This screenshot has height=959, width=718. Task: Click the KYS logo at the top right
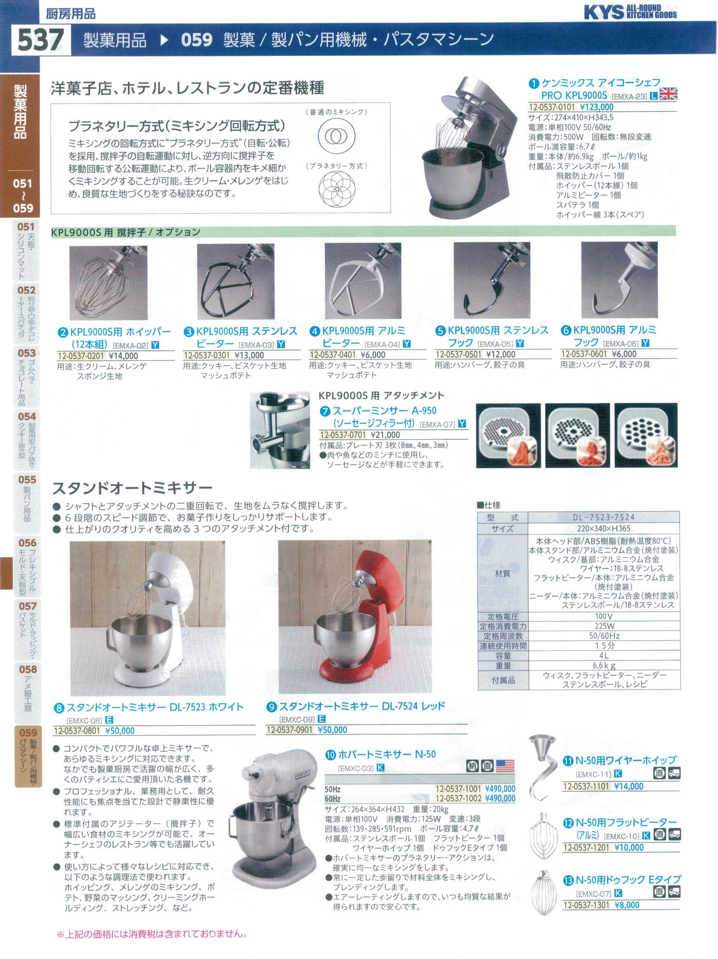pos(630,12)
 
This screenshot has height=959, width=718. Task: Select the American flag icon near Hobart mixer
pos(505,766)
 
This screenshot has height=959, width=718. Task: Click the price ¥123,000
pos(596,107)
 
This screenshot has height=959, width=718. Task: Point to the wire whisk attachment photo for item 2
pos(108,283)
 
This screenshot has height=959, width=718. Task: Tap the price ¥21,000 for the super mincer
pos(385,435)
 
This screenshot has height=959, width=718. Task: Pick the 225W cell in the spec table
pos(604,626)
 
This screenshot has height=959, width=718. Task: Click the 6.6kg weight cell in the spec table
pos(604,665)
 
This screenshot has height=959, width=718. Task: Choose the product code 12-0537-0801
pos(77,731)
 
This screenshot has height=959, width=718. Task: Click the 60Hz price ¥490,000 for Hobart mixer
pos(500,799)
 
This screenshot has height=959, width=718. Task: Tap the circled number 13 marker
pos(568,881)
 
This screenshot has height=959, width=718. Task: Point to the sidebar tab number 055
pos(27,479)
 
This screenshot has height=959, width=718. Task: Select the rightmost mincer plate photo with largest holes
pos(646,435)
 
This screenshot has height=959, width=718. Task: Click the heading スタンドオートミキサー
pos(133,488)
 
